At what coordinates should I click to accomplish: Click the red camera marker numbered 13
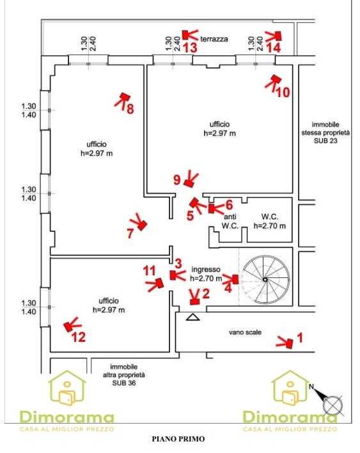[x=186, y=35]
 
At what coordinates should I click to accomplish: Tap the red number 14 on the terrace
[x=273, y=48]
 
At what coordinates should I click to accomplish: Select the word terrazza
[x=214, y=39]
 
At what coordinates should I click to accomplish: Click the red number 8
[x=130, y=109]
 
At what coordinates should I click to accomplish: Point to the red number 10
[x=283, y=93]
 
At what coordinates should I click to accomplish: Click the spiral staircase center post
[x=265, y=279]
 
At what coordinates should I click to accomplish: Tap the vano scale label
[x=245, y=332]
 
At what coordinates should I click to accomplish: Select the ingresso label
[x=206, y=269]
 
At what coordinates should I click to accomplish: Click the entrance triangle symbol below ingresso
[x=193, y=317]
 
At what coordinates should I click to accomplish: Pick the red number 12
[x=79, y=337]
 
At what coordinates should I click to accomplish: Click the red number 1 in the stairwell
[x=300, y=337]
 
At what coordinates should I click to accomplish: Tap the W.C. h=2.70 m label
[x=270, y=221]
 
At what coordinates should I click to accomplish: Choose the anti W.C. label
[x=230, y=221]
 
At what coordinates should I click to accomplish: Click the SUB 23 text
[x=325, y=141]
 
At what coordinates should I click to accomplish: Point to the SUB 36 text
[x=124, y=383]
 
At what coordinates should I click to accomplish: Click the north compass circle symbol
[x=333, y=404]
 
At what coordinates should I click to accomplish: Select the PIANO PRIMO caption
[x=178, y=439]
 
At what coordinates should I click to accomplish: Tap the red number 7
[x=130, y=233]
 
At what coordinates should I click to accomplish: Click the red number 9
[x=177, y=180]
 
